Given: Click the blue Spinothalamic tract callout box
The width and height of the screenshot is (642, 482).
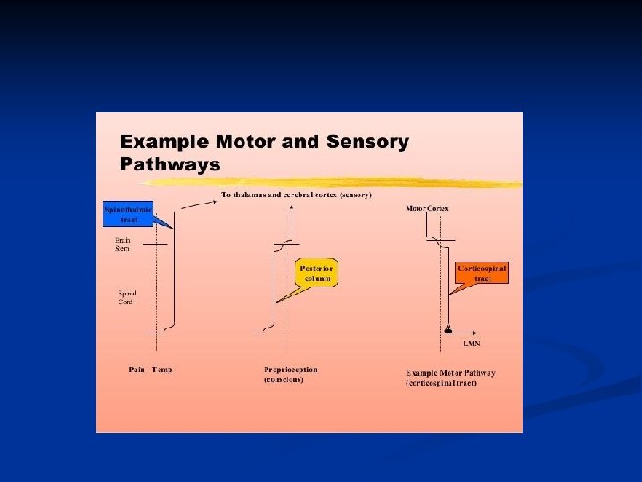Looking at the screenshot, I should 128,213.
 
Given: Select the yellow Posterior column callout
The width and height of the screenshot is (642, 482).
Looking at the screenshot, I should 316,273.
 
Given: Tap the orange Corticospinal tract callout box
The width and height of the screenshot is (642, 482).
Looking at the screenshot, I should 481,273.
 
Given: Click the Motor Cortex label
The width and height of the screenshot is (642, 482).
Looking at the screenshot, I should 427,209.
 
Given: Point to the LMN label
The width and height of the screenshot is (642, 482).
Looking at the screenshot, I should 472,343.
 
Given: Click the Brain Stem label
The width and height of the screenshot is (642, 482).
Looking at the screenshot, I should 123,244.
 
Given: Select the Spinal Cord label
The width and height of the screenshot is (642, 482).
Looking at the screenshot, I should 126,296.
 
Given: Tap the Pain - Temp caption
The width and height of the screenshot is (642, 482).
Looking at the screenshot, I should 151,370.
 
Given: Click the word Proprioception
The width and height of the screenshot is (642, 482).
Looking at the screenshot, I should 291,370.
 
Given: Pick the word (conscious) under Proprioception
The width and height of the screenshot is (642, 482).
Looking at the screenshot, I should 284,380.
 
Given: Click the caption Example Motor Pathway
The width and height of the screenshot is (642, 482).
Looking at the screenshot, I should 450,373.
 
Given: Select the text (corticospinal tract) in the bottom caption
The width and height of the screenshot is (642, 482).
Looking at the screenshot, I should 441,383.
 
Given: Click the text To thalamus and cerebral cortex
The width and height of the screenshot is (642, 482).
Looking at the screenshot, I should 297,195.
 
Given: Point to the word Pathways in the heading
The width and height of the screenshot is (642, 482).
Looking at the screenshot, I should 170,164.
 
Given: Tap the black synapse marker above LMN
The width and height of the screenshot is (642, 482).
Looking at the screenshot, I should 448,330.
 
